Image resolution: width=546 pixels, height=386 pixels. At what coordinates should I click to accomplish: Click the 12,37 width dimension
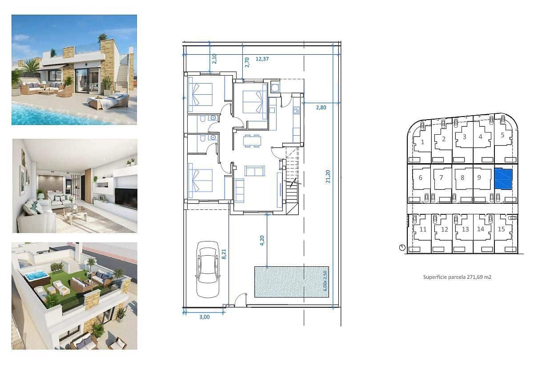pos(263,59)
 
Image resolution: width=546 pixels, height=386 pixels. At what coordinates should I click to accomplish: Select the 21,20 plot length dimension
pos(328,176)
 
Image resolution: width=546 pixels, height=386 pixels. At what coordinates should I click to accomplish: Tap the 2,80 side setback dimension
pos(321,107)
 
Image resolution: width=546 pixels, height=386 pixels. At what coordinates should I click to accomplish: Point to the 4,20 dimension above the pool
pos(262,240)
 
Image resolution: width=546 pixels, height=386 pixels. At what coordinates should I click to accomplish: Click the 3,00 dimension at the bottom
pos(204,317)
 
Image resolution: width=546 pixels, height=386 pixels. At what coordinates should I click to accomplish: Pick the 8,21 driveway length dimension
pos(225,254)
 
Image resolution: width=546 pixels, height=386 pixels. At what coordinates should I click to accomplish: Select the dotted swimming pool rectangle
pos(291,281)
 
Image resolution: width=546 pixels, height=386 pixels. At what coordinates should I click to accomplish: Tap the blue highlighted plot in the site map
pos(503,179)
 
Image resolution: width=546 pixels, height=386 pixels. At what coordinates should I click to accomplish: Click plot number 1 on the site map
pos(422,142)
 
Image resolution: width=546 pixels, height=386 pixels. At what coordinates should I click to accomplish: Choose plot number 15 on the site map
pos(501,229)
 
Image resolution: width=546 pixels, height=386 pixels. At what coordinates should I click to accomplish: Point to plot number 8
pos(462,177)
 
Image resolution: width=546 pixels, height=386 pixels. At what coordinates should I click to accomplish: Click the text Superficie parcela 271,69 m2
pos(457,277)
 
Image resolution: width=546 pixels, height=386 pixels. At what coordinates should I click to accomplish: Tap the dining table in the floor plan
pos(252,141)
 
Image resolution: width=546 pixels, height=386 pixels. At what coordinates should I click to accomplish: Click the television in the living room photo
pos(126,197)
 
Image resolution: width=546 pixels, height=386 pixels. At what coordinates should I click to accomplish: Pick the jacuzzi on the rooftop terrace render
pos(36,277)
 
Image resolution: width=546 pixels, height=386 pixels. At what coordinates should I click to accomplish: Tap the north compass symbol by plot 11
pos(402,248)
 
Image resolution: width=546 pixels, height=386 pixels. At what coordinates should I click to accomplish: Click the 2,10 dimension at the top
pos(214,59)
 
